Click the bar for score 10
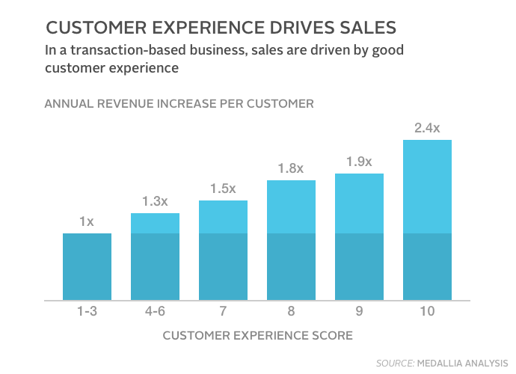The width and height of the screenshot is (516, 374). (x=427, y=221)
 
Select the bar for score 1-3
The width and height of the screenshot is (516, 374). (x=87, y=267)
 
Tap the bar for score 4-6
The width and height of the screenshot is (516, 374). (x=155, y=257)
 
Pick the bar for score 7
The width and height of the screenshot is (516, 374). (x=223, y=251)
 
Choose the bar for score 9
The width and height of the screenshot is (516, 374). (x=359, y=237)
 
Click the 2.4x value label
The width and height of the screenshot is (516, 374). (x=427, y=128)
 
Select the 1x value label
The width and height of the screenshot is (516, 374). (x=87, y=221)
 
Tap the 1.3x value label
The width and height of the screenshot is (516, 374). (x=155, y=201)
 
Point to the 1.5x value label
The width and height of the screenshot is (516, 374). (x=223, y=188)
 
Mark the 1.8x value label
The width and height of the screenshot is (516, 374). (x=291, y=168)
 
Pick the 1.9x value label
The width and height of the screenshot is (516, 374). (x=359, y=162)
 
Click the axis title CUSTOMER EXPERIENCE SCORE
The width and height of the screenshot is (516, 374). (x=257, y=335)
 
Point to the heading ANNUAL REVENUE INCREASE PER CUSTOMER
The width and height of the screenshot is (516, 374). (x=179, y=103)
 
